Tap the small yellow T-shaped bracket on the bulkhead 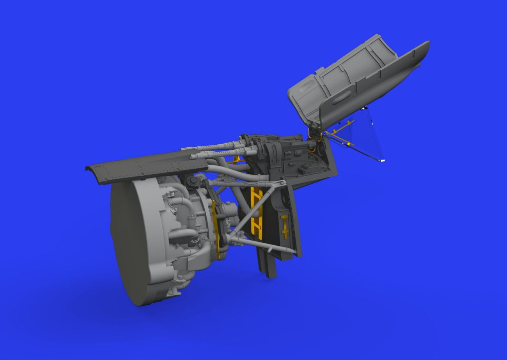[285, 226]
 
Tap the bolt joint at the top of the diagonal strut [280, 183]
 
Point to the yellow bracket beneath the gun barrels [236, 159]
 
